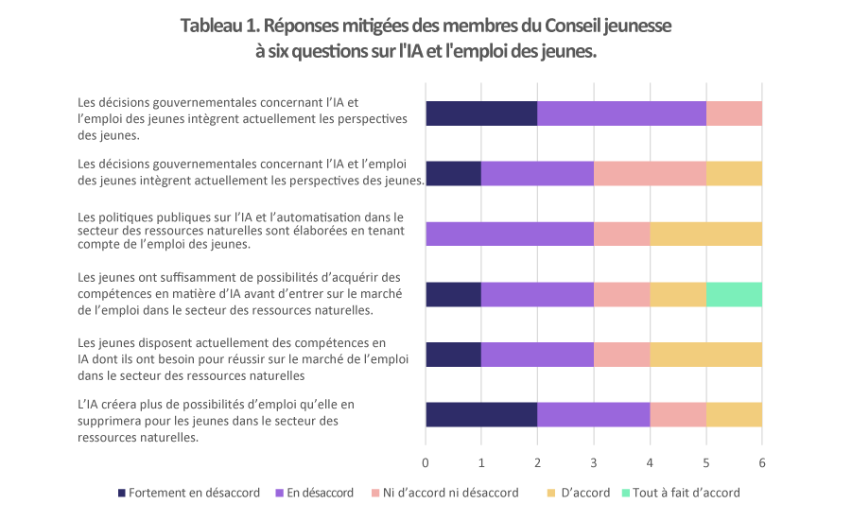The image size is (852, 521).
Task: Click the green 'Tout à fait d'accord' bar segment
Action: [734, 294]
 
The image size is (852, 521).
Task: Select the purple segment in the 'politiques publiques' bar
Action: [510, 234]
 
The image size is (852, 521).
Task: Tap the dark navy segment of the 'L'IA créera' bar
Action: [481, 414]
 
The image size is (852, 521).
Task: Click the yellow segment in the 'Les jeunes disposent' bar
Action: [705, 355]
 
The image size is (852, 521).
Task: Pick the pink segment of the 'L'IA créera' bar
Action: [677, 414]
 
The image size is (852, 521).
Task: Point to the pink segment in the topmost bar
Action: [734, 113]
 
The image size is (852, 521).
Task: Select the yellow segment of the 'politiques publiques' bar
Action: [705, 234]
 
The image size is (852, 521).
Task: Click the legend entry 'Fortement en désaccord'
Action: [180, 493]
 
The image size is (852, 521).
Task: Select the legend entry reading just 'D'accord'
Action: [578, 493]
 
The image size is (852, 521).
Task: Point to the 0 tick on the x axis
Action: [426, 462]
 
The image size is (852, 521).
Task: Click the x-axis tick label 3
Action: [594, 462]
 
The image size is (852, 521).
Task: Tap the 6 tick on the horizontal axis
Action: [761, 462]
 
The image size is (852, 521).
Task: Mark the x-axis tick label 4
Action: [650, 462]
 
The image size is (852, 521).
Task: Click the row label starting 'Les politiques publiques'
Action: [240, 230]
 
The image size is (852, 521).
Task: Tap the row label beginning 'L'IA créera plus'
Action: [217, 421]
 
